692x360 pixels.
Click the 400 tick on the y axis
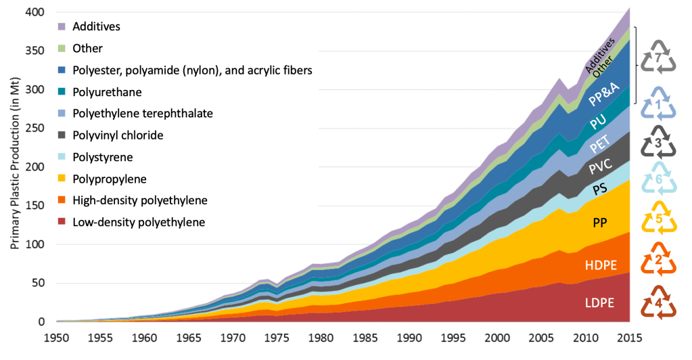click(x=35, y=13)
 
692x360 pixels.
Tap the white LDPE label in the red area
click(x=599, y=303)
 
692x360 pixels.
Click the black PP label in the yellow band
click(x=600, y=223)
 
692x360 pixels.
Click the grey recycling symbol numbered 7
click(x=659, y=55)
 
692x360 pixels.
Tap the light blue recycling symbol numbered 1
click(x=659, y=104)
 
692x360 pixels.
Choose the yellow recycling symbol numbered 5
click(x=659, y=218)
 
